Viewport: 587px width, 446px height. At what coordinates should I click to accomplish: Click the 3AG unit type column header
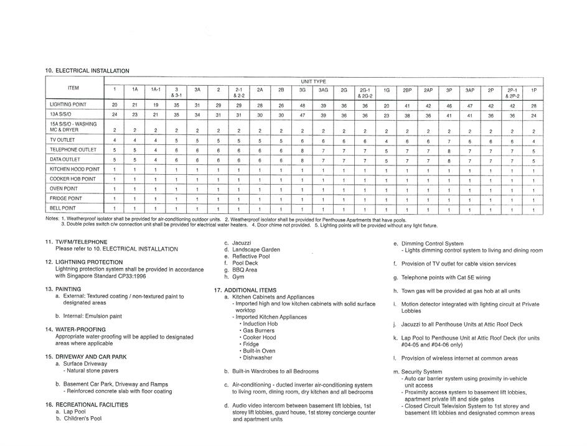tap(323, 90)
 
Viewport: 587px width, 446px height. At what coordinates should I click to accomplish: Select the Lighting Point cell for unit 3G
tap(303, 106)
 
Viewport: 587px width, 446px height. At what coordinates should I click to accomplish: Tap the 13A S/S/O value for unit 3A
tap(197, 115)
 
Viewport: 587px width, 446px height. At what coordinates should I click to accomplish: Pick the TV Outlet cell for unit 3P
tap(449, 141)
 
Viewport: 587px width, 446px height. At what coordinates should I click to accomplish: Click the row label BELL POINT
tap(63, 208)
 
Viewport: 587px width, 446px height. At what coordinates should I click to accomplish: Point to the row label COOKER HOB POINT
tap(73, 179)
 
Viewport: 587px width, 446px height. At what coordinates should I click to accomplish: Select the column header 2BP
tap(407, 90)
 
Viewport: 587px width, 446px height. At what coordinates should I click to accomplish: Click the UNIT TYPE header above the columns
tap(314, 81)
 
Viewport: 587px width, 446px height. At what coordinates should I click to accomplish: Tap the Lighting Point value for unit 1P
tap(533, 106)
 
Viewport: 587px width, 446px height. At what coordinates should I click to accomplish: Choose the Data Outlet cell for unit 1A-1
tap(156, 160)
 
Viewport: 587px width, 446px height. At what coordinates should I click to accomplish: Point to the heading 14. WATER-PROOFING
tap(80, 330)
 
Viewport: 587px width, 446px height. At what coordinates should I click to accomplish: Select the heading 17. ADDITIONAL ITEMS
tap(245, 290)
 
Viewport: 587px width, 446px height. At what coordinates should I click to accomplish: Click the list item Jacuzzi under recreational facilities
tap(240, 243)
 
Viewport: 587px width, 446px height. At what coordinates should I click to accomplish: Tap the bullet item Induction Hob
tap(260, 324)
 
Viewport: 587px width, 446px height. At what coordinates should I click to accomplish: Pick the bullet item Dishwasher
tap(257, 358)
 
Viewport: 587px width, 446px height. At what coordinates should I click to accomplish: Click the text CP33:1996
tap(129, 276)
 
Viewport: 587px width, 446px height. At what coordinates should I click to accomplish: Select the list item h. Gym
tap(237, 277)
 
